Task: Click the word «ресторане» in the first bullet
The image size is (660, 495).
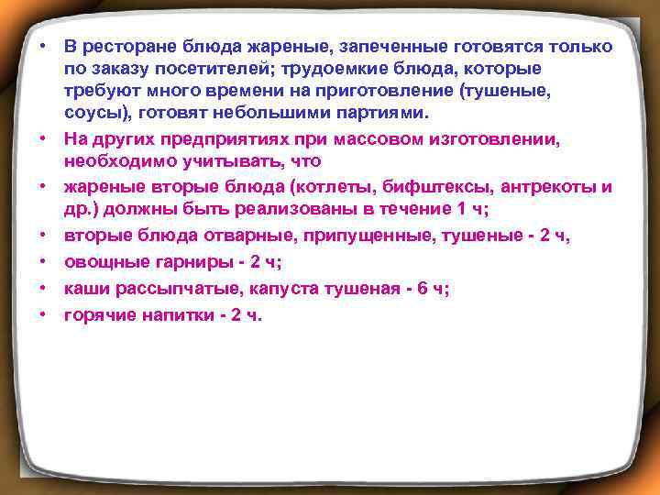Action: [126, 46]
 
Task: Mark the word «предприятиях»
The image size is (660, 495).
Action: [206, 138]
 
